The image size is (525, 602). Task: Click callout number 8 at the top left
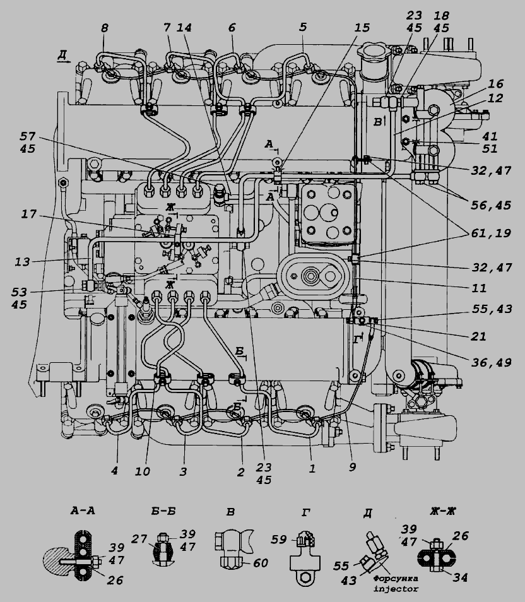click(105, 28)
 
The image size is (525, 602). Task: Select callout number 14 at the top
click(184, 28)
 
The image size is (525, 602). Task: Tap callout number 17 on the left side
click(28, 214)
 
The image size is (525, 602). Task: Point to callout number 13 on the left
click(22, 262)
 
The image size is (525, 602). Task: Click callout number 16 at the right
click(496, 84)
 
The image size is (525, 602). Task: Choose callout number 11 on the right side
click(479, 288)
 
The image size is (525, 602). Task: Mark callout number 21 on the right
click(478, 337)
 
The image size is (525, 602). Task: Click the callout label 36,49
click(491, 362)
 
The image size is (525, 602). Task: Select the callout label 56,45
click(491, 206)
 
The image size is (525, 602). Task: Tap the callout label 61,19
click(491, 233)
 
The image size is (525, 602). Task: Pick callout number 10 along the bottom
click(142, 471)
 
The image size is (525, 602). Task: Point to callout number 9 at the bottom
click(352, 467)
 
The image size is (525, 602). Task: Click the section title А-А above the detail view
click(83, 511)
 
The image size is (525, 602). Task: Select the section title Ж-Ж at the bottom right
click(443, 511)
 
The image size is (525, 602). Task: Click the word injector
click(396, 588)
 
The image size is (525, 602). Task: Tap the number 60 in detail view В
click(261, 564)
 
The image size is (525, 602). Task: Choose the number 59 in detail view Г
click(278, 540)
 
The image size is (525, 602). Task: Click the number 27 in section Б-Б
click(139, 539)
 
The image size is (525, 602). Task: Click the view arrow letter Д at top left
click(62, 55)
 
